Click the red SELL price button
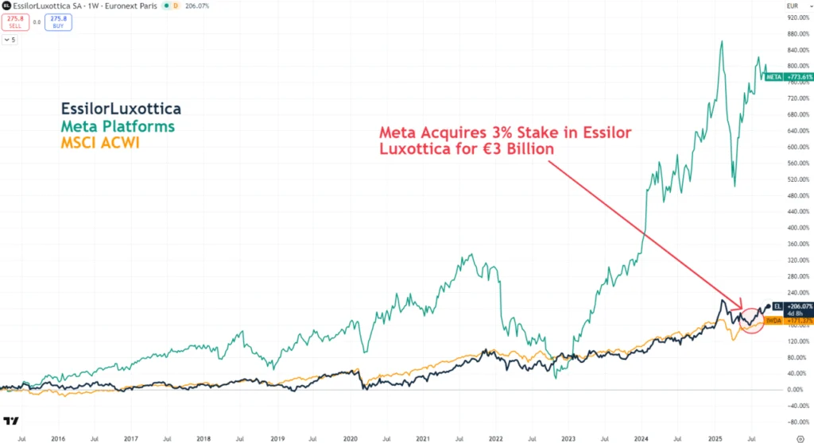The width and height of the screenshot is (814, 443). tap(16, 23)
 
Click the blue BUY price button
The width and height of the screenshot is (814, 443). tap(57, 23)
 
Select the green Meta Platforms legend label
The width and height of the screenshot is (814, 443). tap(117, 127)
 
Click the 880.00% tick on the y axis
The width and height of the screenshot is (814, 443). tap(796, 33)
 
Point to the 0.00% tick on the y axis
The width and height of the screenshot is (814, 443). tap(796, 390)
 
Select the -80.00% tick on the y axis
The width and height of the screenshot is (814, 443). tap(796, 422)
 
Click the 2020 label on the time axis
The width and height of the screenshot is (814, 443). tap(350, 437)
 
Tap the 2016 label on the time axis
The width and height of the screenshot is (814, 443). tap(57, 437)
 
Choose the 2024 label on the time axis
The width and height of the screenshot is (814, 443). tap(642, 437)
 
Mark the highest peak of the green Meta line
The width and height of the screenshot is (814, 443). tap(721, 41)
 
